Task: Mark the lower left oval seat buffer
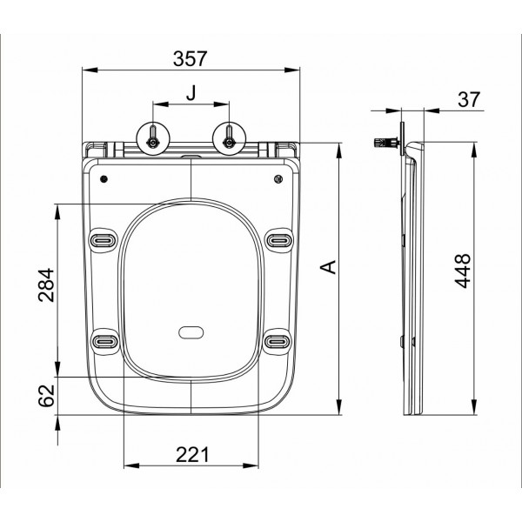pyautogui.click(x=104, y=341)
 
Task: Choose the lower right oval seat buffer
pyautogui.click(x=278, y=341)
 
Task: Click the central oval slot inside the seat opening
pyautogui.click(x=191, y=332)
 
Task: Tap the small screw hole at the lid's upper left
pyautogui.click(x=105, y=180)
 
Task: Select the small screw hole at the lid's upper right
pyautogui.click(x=278, y=180)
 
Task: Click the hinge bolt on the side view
pyautogui.click(x=383, y=141)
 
